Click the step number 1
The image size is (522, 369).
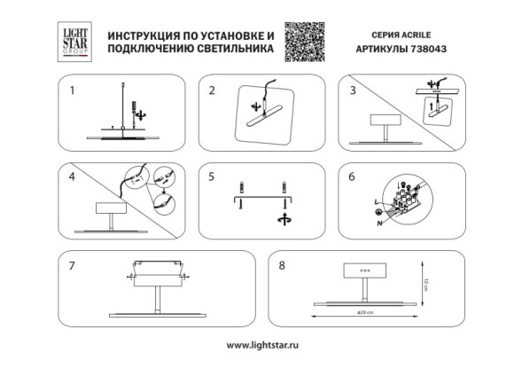tap(74, 90)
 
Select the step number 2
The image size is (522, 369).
tap(213, 90)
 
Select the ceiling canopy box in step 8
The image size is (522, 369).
tap(364, 272)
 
